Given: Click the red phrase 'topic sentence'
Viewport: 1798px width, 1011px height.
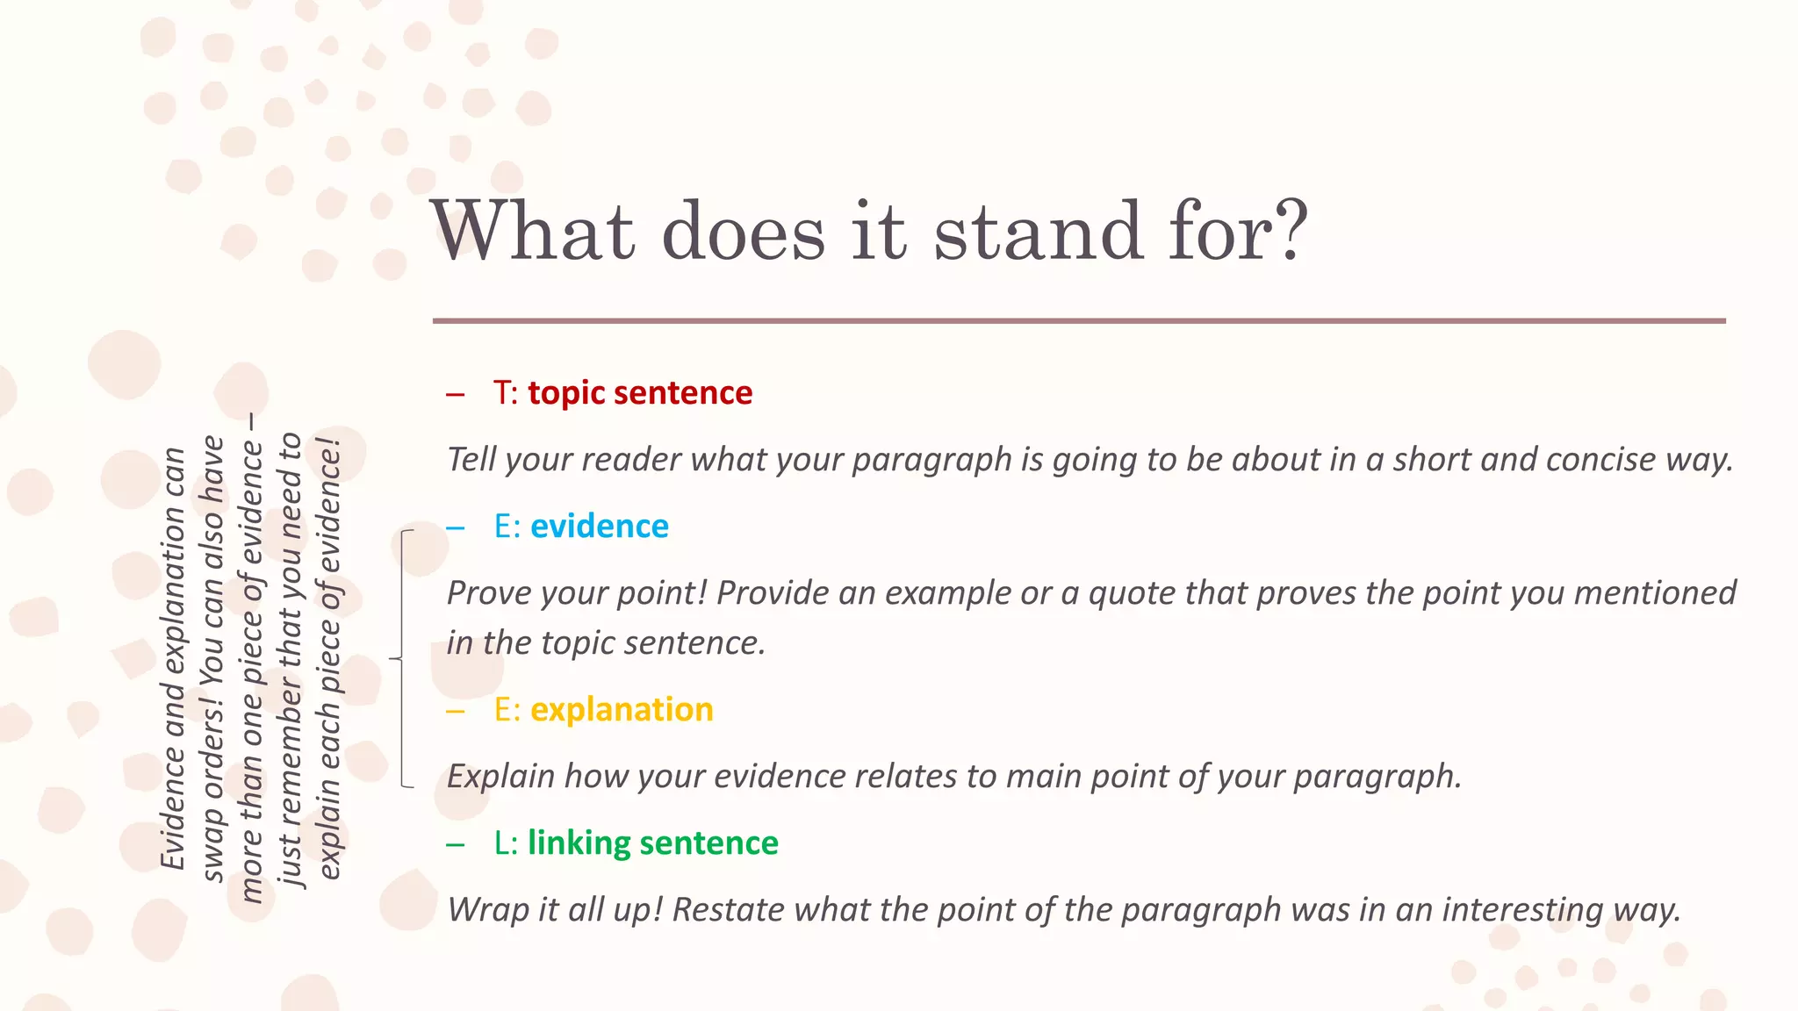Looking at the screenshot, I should pos(640,393).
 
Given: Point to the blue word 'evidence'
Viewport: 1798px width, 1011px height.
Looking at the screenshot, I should pos(600,527).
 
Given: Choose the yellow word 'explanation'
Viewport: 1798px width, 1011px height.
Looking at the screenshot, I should pos(622,710).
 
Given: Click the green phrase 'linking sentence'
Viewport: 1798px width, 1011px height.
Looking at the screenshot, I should pos(653,843).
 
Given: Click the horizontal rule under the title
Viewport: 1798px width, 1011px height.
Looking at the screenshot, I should pos(1079,321).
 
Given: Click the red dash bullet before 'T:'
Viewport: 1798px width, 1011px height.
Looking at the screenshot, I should pos(455,394).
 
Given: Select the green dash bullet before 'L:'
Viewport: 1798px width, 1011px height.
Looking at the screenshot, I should pos(455,844).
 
